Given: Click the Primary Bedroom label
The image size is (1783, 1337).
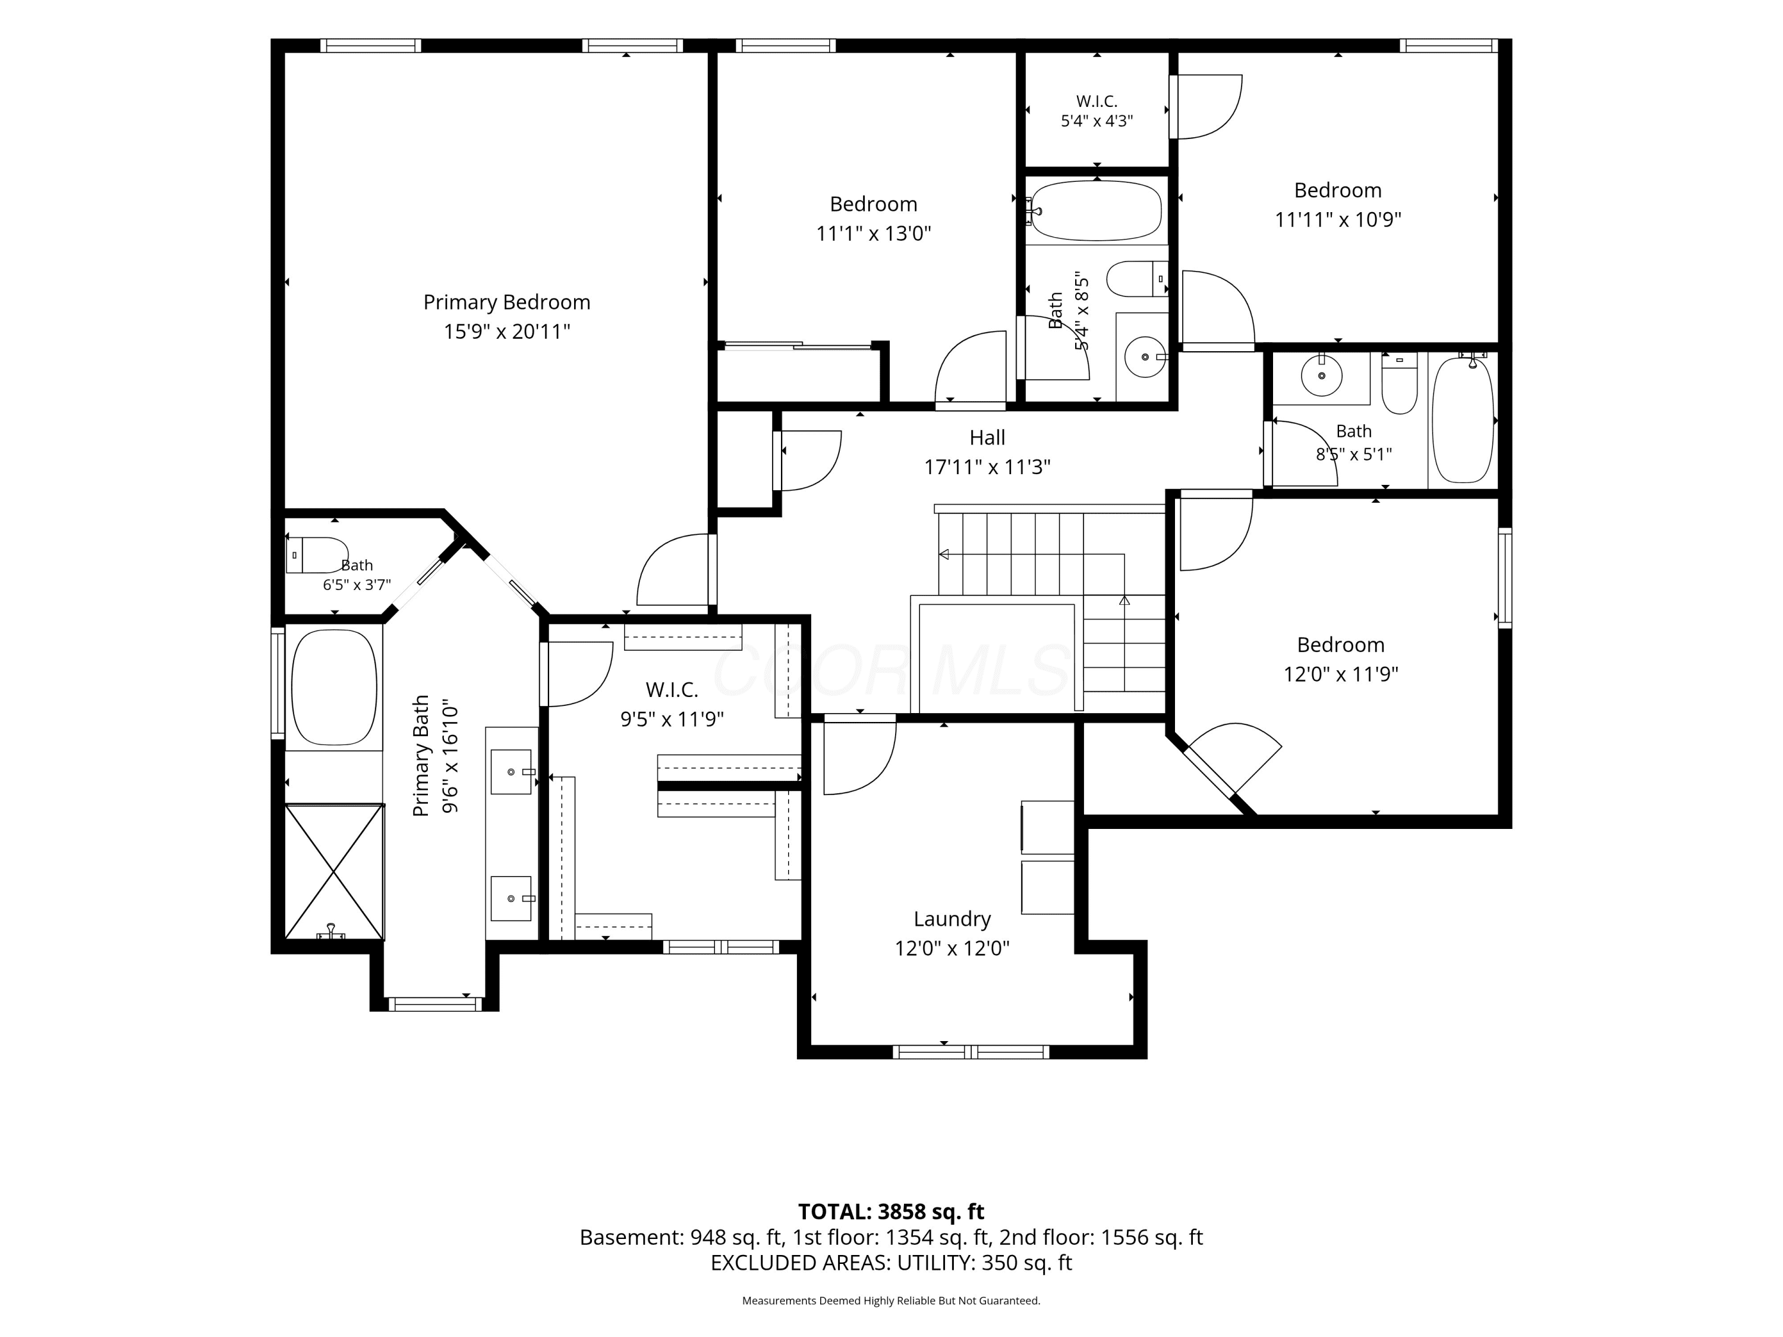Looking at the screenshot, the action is point(506,302).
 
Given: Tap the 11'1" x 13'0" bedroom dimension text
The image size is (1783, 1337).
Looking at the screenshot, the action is point(874,234).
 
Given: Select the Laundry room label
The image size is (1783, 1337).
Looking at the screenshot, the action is point(952,919).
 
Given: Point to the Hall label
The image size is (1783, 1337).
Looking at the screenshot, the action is point(987,437).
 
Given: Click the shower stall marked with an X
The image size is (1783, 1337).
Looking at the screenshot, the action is point(335,871).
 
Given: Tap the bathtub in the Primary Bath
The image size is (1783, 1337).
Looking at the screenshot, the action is point(333,688).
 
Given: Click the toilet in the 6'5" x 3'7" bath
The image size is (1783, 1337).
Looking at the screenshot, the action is point(317,554).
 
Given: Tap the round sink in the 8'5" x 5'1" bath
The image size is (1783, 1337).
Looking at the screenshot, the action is point(1322,376).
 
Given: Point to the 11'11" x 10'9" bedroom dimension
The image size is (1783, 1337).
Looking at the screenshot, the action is point(1338,219).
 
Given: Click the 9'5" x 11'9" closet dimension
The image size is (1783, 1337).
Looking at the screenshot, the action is point(672,719).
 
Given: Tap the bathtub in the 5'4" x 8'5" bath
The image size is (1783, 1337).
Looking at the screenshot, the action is point(1096,210).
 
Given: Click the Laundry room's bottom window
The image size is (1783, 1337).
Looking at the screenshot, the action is point(971,1052).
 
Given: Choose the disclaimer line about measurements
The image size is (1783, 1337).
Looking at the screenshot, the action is point(891,1301).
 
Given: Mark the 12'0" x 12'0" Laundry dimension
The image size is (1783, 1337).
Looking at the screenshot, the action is point(952,948).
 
